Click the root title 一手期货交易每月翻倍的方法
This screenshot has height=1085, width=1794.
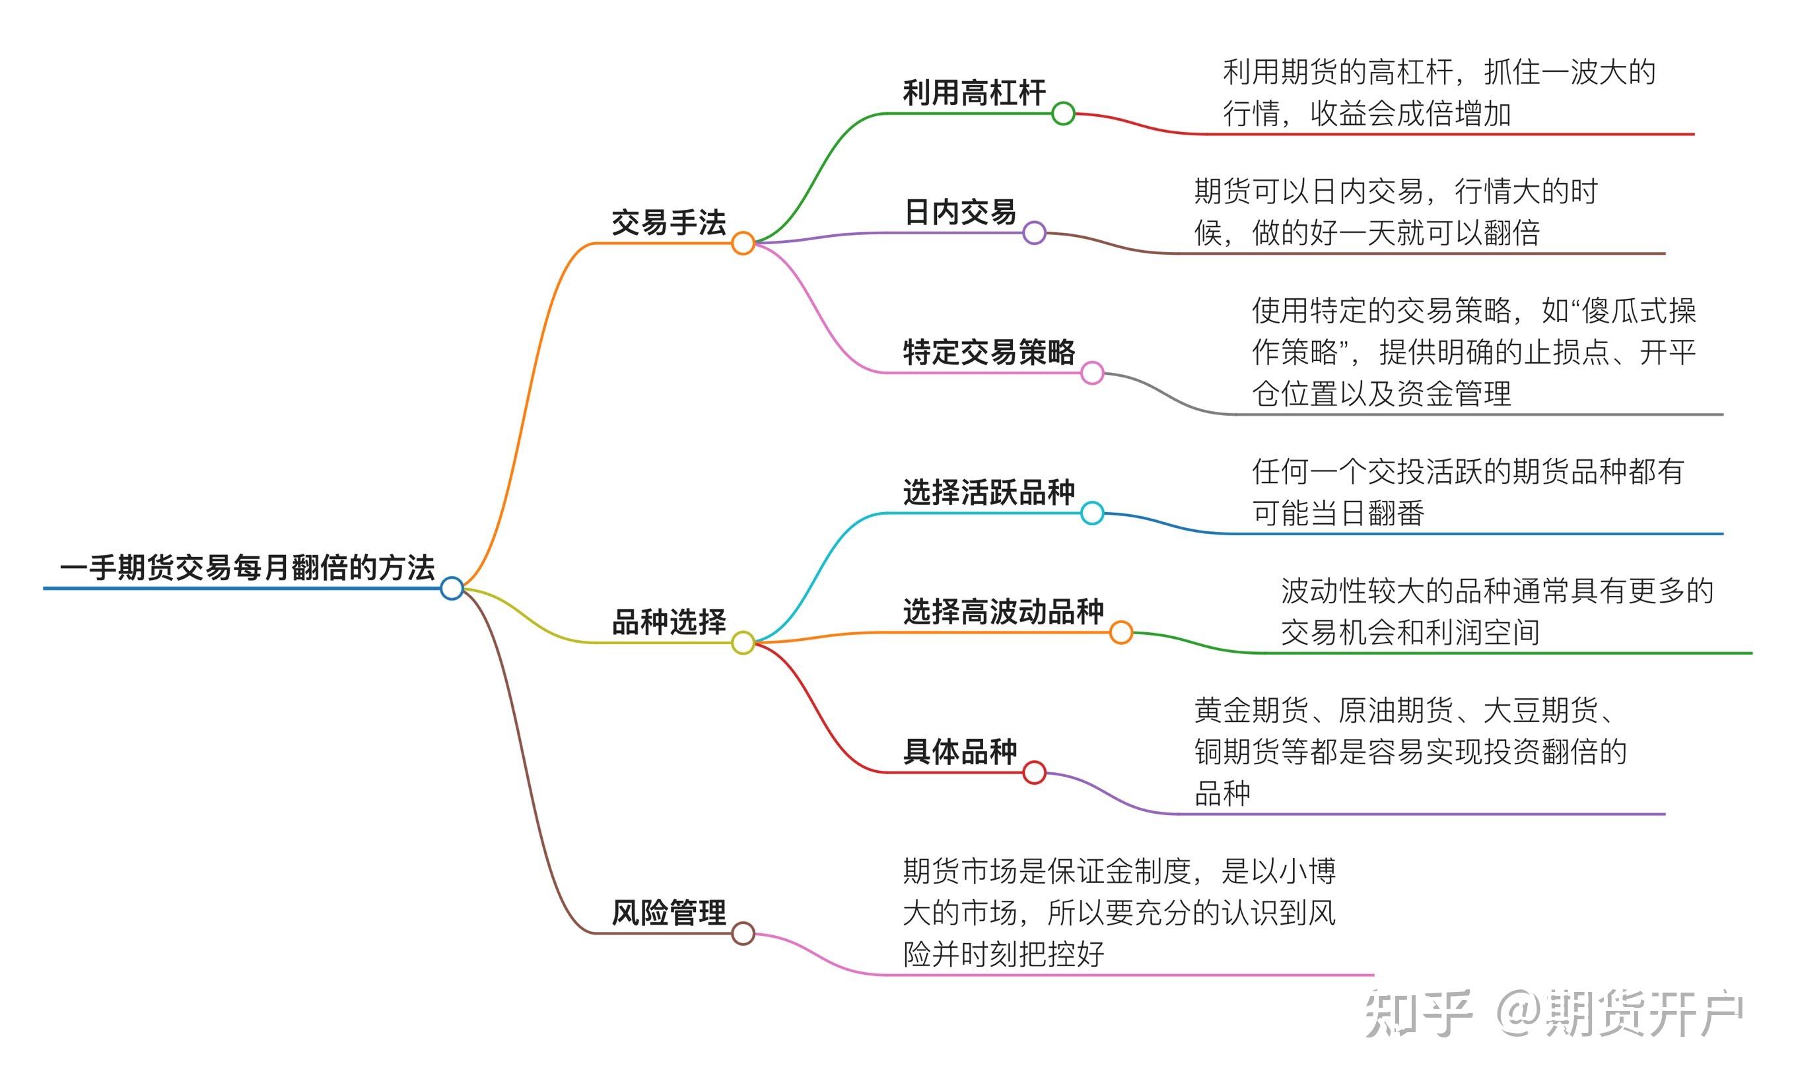pos(248,568)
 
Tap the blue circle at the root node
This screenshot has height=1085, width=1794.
pos(452,588)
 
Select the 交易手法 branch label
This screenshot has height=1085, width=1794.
pos(668,222)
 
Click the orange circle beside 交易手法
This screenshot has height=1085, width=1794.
pos(743,243)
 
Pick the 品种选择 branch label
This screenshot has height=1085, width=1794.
pos(668,622)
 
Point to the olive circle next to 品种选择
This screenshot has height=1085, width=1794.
pos(743,643)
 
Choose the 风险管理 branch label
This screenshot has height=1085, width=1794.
pos(668,913)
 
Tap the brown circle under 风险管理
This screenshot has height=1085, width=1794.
pos(743,933)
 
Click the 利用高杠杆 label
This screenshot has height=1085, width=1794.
pos(974,93)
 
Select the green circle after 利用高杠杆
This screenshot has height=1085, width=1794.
pos(1063,114)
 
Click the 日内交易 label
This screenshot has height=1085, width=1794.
pos(959,213)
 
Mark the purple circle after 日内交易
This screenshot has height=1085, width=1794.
pos(1035,233)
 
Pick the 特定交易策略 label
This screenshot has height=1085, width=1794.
pos(988,352)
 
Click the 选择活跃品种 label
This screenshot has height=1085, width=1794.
pos(988,492)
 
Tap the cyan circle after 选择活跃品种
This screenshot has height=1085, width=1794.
pos(1092,513)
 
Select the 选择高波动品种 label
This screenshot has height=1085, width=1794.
pos(1003,612)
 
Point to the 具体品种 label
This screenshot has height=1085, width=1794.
pos(959,752)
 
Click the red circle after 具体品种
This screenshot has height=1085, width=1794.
pos(1035,772)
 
